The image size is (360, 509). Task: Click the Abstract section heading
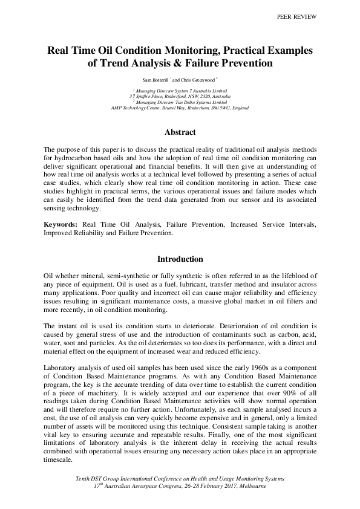click(x=180, y=132)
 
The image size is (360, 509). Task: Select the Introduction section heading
click(x=180, y=259)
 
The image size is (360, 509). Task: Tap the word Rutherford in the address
click(x=172, y=96)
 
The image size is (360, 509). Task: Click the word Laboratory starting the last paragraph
click(x=62, y=368)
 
